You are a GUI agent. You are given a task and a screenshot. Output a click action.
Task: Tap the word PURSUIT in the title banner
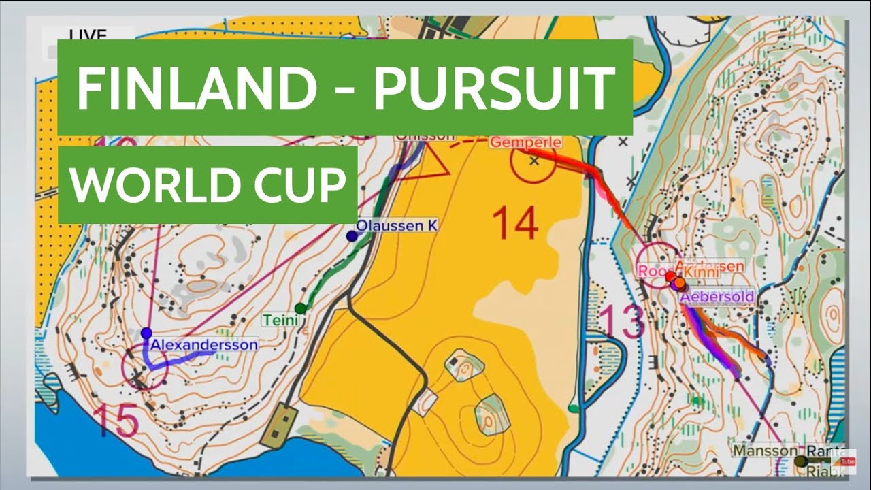[494, 88]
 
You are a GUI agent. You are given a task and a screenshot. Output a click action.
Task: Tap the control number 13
[622, 321]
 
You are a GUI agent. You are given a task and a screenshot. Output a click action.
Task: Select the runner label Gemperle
[526, 142]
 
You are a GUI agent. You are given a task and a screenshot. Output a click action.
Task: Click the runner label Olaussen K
[397, 225]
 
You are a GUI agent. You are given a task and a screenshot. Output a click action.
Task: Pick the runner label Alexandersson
[204, 345]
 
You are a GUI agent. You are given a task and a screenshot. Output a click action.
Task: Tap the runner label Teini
[280, 319]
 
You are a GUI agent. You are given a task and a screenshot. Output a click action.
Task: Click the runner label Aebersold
[717, 297]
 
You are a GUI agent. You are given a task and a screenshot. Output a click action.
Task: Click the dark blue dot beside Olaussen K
[352, 236]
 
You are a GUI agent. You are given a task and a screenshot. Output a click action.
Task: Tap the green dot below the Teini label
[301, 308]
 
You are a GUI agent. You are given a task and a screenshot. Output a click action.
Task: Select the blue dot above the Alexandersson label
[146, 333]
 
